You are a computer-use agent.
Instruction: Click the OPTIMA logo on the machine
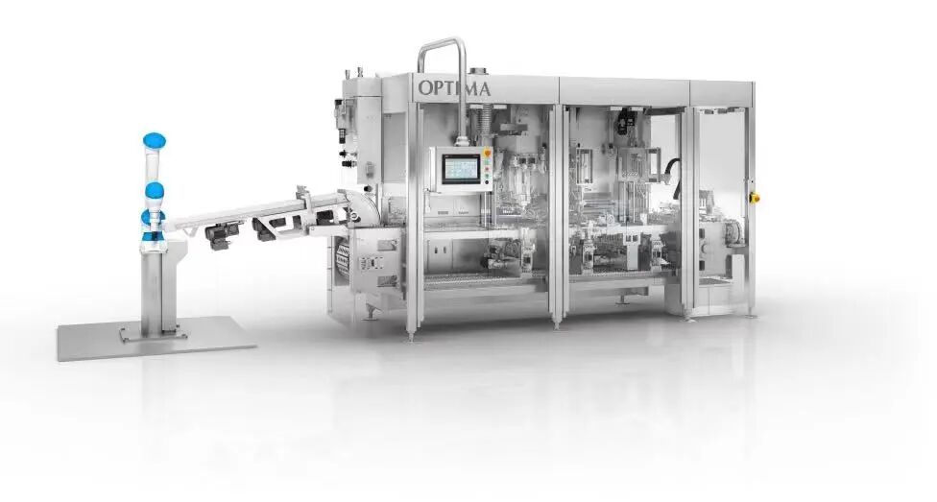[454, 88]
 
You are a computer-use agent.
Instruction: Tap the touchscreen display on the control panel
[462, 169]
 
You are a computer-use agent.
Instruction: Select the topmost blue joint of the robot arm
[155, 140]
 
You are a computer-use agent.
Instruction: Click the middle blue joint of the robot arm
[155, 191]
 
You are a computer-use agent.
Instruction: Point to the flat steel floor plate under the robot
[156, 338]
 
